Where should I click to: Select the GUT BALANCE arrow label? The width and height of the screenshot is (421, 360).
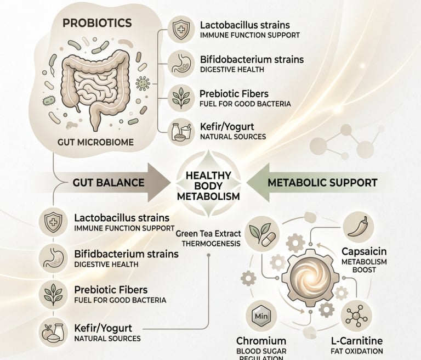(109, 182)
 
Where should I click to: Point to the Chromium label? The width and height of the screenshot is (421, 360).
(261, 341)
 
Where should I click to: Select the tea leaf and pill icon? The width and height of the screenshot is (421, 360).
(260, 233)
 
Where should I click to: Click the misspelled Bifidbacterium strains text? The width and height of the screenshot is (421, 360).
(126, 255)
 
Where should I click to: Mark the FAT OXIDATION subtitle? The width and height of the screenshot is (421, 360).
(357, 351)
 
